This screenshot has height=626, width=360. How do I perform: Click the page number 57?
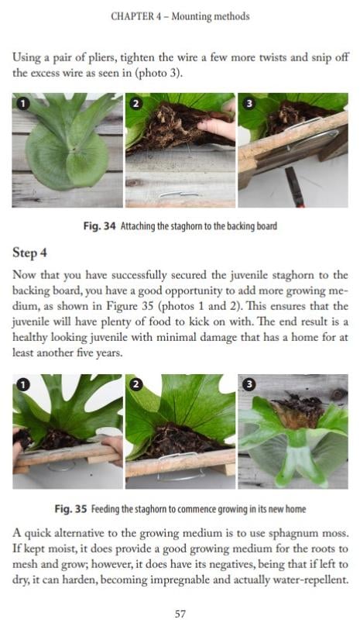(x=180, y=614)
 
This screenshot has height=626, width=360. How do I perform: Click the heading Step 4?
(x=29, y=253)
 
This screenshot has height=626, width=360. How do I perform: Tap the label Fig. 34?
(x=99, y=226)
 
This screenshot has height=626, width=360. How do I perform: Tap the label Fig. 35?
(x=70, y=510)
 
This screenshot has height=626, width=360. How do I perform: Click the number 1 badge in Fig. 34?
(x=22, y=104)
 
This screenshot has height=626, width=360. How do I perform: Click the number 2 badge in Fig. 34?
(x=136, y=104)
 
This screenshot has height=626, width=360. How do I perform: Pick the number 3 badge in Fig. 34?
(x=249, y=104)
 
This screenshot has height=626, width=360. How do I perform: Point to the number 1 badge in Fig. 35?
(x=22, y=384)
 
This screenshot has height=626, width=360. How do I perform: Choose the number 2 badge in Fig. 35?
(x=136, y=384)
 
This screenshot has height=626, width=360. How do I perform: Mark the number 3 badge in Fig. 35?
(x=249, y=384)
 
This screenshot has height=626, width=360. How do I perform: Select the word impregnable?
(x=184, y=580)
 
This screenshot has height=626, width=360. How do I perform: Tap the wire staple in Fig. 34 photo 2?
(x=179, y=194)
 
